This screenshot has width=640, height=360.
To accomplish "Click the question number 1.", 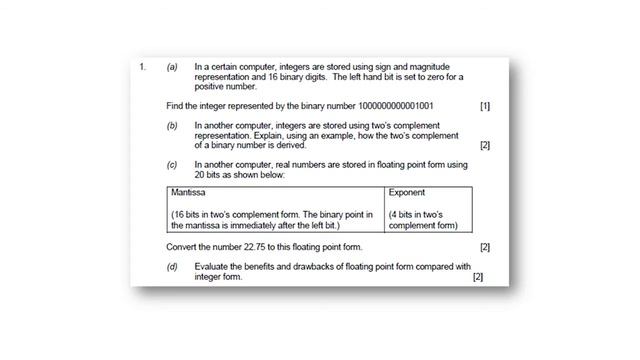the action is click(x=143, y=67).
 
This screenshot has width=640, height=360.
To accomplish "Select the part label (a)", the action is click(x=172, y=67).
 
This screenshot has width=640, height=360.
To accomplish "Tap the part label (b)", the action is click(x=172, y=126).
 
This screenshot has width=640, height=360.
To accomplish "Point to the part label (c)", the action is click(x=172, y=164).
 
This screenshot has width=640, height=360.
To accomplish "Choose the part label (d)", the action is click(x=172, y=266).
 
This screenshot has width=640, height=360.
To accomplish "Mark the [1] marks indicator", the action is click(x=485, y=105).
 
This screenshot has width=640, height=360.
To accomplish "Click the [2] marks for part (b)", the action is click(x=485, y=145).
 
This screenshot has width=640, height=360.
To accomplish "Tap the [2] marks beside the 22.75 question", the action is click(x=485, y=247).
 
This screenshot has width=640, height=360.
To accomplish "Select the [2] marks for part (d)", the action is click(x=478, y=277).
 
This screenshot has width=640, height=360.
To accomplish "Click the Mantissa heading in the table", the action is click(x=188, y=191).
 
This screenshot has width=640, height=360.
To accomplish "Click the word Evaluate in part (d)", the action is click(x=215, y=266).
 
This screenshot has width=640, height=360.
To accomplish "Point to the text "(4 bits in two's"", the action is click(x=423, y=215).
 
